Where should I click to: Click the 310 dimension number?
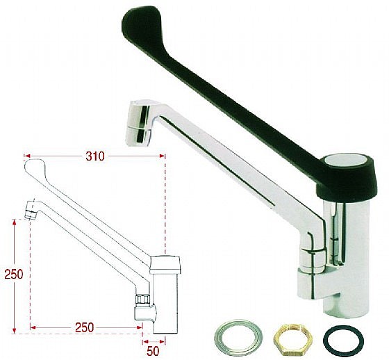[x=95, y=156]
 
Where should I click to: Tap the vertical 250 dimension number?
[x=14, y=275]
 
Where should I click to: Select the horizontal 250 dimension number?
[x=85, y=328]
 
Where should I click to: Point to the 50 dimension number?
[x=153, y=351]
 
